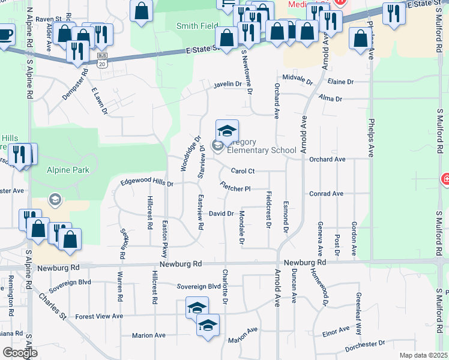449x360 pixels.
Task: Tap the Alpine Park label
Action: tap(68, 170)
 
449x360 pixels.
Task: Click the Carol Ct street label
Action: tap(243, 172)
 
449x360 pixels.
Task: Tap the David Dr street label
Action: tap(221, 214)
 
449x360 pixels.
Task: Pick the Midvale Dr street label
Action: tap(298, 79)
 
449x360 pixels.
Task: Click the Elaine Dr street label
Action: tap(340, 82)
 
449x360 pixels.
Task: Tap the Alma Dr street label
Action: tap(330, 98)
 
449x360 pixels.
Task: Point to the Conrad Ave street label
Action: tap(326, 194)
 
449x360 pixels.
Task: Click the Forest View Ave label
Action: tap(98, 316)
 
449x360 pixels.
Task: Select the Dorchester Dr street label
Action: tap(365, 345)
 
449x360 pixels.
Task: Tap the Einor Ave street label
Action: tap(336, 331)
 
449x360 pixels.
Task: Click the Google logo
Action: tap(20, 353)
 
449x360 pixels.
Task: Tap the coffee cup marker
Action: tap(5, 34)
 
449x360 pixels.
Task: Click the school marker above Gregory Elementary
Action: tap(227, 131)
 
